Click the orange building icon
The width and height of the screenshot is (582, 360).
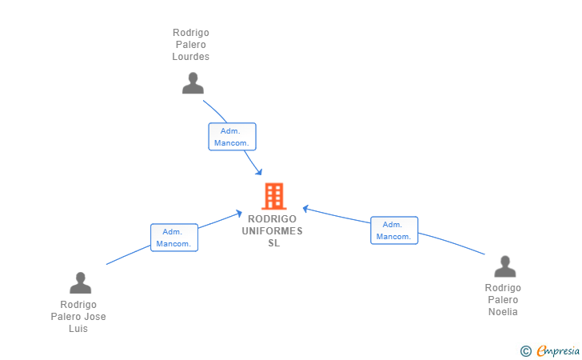coord(274,196)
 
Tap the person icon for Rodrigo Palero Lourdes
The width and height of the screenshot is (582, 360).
coord(193,83)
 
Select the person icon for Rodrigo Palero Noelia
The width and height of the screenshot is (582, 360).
coord(504,266)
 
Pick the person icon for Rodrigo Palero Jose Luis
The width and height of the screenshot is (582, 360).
coord(80,282)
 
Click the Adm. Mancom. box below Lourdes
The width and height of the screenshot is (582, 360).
coord(233,137)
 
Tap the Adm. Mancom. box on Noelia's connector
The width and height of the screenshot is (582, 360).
coord(394,230)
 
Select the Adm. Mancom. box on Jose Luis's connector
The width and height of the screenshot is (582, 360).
coord(174,238)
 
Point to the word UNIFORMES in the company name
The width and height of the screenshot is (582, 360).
coord(272,231)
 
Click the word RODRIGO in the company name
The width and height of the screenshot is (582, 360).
coord(272,219)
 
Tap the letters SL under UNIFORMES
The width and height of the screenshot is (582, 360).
coord(274,243)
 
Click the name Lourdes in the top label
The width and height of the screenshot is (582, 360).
coord(191,57)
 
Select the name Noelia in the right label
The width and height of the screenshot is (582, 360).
coord(503,312)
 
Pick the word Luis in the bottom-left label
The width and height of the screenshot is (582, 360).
coord(78,329)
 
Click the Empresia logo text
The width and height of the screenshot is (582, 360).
coord(558,350)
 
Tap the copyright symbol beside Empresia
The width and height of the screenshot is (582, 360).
coord(526,351)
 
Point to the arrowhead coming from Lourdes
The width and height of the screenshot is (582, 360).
coord(259,172)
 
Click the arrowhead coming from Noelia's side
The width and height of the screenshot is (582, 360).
coord(305,209)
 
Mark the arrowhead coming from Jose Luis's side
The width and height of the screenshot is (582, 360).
coord(239,214)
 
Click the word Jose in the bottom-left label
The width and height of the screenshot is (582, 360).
coord(96,317)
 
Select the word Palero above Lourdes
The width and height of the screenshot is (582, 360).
coord(191,45)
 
